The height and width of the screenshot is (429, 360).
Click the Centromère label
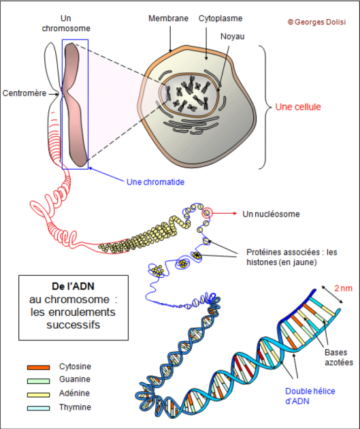pyautogui.click(x=24, y=93)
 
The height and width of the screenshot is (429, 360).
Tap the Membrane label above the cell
pyautogui.click(x=168, y=18)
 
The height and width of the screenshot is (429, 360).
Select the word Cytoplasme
pyautogui.click(x=220, y=18)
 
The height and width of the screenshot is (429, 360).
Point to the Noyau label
pyautogui.click(x=232, y=36)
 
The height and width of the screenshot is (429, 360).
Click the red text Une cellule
pyautogui.click(x=298, y=107)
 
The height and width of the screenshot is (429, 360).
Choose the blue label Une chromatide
pyautogui.click(x=155, y=182)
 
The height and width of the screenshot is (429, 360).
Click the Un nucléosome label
pyautogui.click(x=271, y=214)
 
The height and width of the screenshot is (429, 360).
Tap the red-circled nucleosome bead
pyautogui.click(x=207, y=212)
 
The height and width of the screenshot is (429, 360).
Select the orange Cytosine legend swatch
pyautogui.click(x=39, y=367)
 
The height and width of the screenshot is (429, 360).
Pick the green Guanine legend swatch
pyautogui.click(x=39, y=381)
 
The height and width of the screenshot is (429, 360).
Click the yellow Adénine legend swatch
pyautogui.click(x=39, y=394)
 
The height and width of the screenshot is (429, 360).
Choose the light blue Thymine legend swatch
pyautogui.click(x=39, y=408)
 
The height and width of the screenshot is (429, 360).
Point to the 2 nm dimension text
pyautogui.click(x=343, y=288)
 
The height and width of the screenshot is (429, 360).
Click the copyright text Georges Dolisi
pyautogui.click(x=317, y=22)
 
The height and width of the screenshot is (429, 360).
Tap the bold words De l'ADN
pyautogui.click(x=73, y=286)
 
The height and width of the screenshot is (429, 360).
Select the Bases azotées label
pyautogui.click(x=339, y=357)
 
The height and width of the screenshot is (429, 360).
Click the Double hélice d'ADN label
pyautogui.click(x=310, y=396)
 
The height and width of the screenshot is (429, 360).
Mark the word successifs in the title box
pyautogui.click(x=73, y=325)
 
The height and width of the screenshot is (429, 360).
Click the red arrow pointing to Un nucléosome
pyautogui.click(x=224, y=213)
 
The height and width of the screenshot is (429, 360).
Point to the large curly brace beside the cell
pyautogui.click(x=265, y=107)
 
